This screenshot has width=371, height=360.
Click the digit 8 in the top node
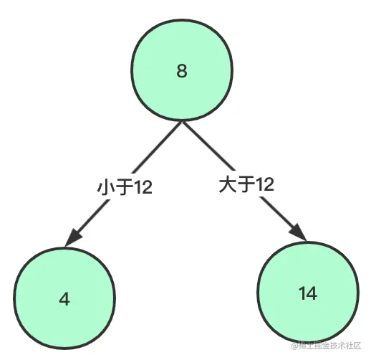(182, 71)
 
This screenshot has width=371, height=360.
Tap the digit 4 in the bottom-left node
(64, 299)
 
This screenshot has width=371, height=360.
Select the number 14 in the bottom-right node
(308, 293)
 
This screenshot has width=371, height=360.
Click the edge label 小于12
(125, 186)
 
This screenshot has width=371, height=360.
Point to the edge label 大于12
(246, 184)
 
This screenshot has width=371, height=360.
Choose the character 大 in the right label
(227, 184)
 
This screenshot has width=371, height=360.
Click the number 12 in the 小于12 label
(144, 187)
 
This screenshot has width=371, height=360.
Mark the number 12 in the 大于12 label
(265, 184)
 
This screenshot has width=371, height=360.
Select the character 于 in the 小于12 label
(124, 186)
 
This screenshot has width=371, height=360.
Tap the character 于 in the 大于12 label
(246, 184)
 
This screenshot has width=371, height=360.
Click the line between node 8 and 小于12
(157, 147)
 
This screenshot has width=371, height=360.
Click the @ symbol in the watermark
(294, 346)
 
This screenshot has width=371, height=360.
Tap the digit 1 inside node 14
(302, 293)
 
